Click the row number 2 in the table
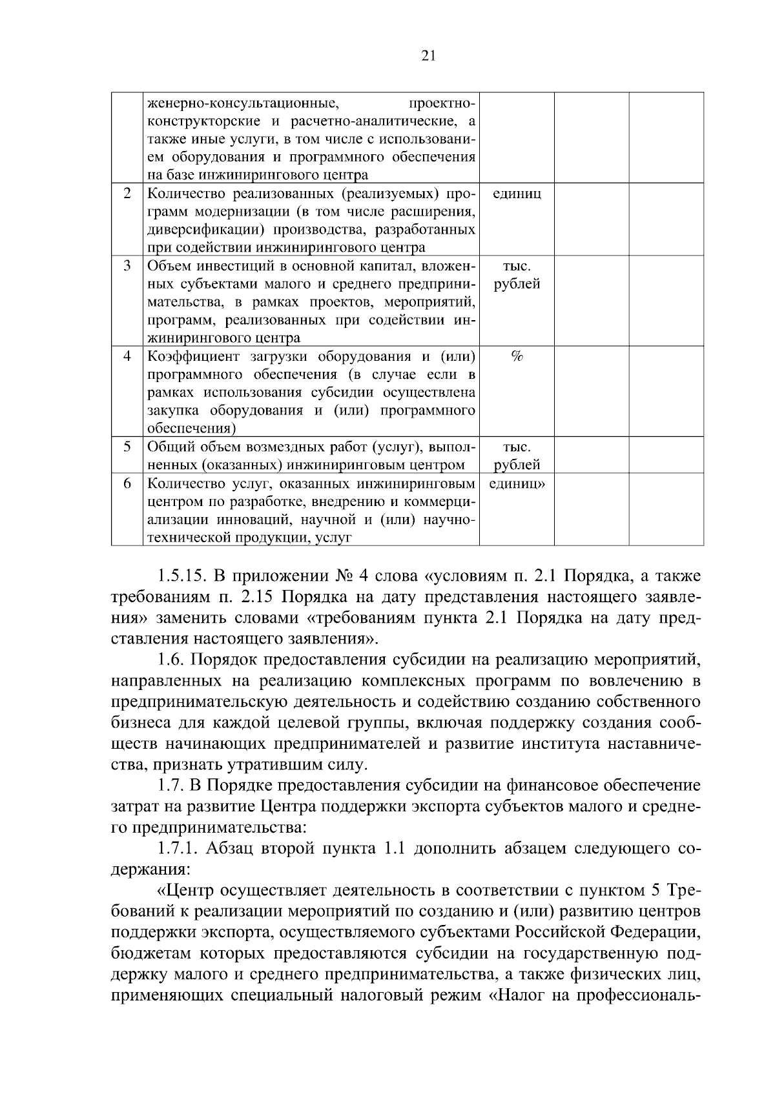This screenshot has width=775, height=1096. (x=127, y=194)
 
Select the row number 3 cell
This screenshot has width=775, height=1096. (x=127, y=266)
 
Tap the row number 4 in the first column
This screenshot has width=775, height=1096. (x=127, y=356)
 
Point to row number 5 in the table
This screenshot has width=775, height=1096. (x=127, y=447)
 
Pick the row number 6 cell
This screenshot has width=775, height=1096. (x=127, y=483)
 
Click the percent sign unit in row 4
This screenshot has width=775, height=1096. (x=517, y=356)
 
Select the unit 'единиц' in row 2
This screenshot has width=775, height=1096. (x=517, y=194)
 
